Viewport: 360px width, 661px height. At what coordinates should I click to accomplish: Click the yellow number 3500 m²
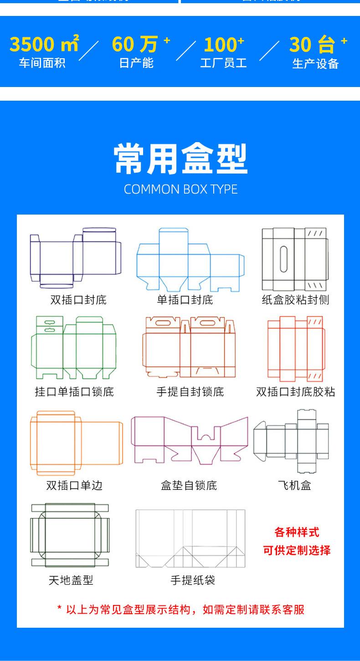(x=44, y=45)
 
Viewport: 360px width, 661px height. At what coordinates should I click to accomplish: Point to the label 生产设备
(x=315, y=64)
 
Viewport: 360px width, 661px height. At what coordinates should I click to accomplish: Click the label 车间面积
(x=42, y=63)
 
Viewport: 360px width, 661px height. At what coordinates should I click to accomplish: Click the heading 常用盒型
(x=180, y=159)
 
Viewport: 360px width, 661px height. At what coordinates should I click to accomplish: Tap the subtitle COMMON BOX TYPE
(x=180, y=190)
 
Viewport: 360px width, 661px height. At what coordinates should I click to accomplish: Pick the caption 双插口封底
(x=78, y=300)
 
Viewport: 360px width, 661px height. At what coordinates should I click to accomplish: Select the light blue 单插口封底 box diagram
(x=190, y=260)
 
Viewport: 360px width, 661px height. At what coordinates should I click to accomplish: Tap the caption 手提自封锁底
(x=190, y=392)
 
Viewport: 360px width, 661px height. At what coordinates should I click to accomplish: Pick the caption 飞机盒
(x=294, y=486)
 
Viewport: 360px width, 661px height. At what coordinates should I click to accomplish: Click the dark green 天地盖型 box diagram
(x=70, y=535)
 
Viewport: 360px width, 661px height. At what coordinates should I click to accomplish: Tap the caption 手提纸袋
(x=193, y=580)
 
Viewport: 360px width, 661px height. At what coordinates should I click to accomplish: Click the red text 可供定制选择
(x=297, y=550)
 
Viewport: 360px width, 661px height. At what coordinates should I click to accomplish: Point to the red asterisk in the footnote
(x=59, y=609)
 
